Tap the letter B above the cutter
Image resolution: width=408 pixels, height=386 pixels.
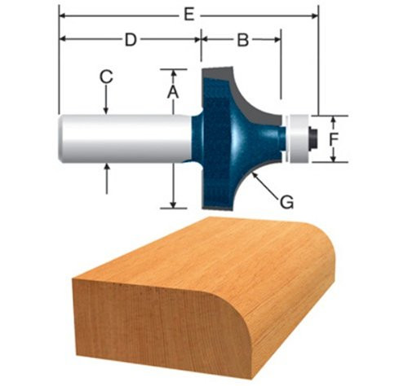pos(242,39)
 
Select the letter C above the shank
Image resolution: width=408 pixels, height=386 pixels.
pos(106,77)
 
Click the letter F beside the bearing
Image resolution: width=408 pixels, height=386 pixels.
pos(333,139)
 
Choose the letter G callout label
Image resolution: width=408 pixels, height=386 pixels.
pos(287,200)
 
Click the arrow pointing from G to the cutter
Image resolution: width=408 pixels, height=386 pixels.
pos(265,183)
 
